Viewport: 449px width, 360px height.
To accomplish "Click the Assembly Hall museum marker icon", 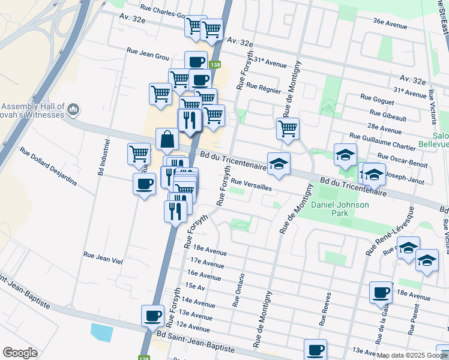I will [73, 109].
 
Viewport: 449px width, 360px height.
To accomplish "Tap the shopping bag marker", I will [167, 139].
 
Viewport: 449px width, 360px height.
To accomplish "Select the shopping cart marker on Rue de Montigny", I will [288, 128].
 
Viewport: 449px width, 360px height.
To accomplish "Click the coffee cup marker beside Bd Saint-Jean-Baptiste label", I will [152, 315].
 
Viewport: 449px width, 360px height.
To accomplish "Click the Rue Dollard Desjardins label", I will [48, 166].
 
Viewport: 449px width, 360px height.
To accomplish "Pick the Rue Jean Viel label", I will [103, 257].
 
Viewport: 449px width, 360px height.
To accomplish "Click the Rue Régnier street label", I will [264, 87].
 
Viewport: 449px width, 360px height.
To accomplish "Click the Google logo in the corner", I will [20, 352].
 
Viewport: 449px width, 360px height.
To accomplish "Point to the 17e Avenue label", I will [206, 262].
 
